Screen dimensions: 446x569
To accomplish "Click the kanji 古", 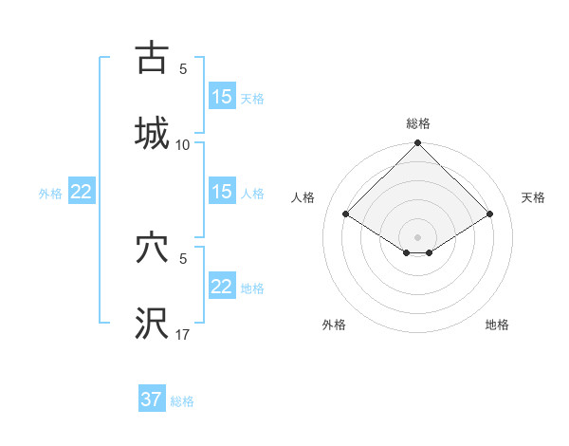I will coord(152,58).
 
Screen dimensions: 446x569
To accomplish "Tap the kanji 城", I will coord(152,132).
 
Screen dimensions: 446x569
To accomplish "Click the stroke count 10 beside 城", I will coord(183,144).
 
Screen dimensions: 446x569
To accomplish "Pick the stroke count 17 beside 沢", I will coord(183,335).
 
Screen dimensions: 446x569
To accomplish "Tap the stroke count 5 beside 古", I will coord(183,68).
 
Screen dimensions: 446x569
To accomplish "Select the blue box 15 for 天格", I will coord(222,97).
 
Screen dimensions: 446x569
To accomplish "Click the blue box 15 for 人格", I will coord(222,192).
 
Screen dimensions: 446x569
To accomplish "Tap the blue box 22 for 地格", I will coord(222,287).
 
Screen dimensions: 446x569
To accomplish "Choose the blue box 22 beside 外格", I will coord(82,192).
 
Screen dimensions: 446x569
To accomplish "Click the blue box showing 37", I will coord(152,400).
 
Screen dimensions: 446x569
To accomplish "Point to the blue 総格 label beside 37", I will coord(182,401).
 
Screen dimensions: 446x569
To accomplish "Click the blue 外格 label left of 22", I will coord(50,194).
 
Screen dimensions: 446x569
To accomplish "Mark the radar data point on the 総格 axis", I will coord(418,144).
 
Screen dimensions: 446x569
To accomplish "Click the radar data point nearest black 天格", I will coord(490,214).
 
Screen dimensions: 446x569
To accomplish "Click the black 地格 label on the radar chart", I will coord(497,325).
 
